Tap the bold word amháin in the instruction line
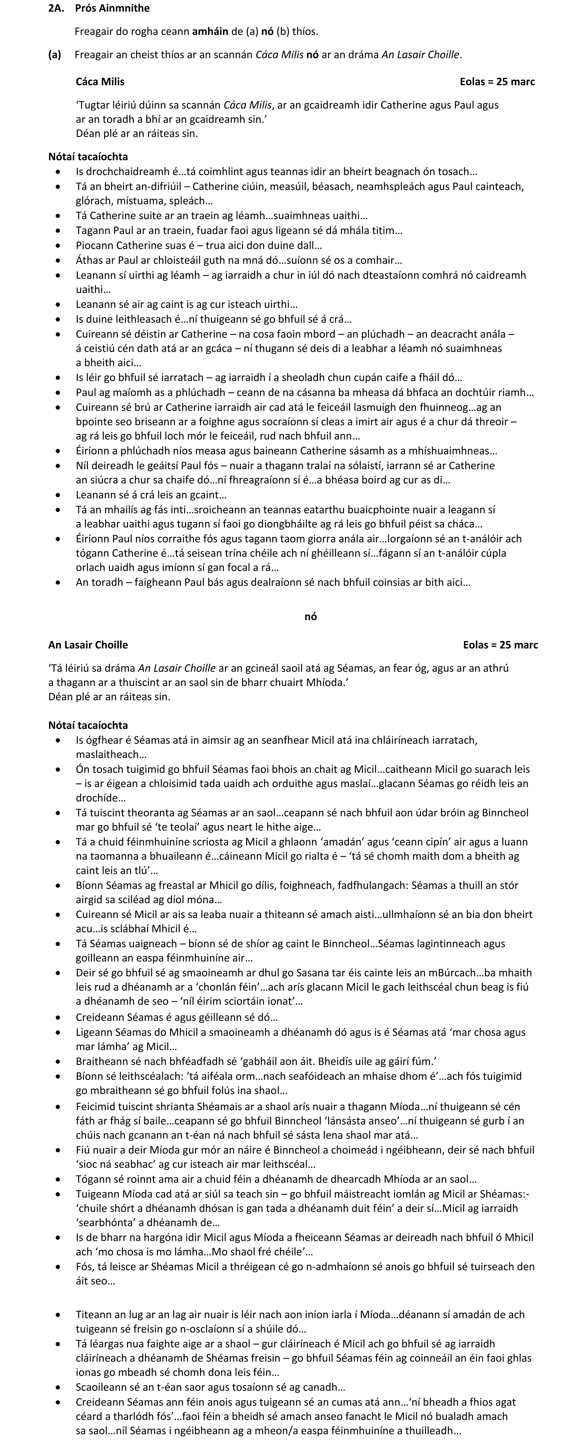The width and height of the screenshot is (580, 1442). coord(210,31)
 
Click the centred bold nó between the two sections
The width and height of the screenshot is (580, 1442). coord(311,616)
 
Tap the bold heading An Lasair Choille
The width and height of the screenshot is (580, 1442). coord(88,645)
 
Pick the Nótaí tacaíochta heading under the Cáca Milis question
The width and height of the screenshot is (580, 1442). coord(88,157)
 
